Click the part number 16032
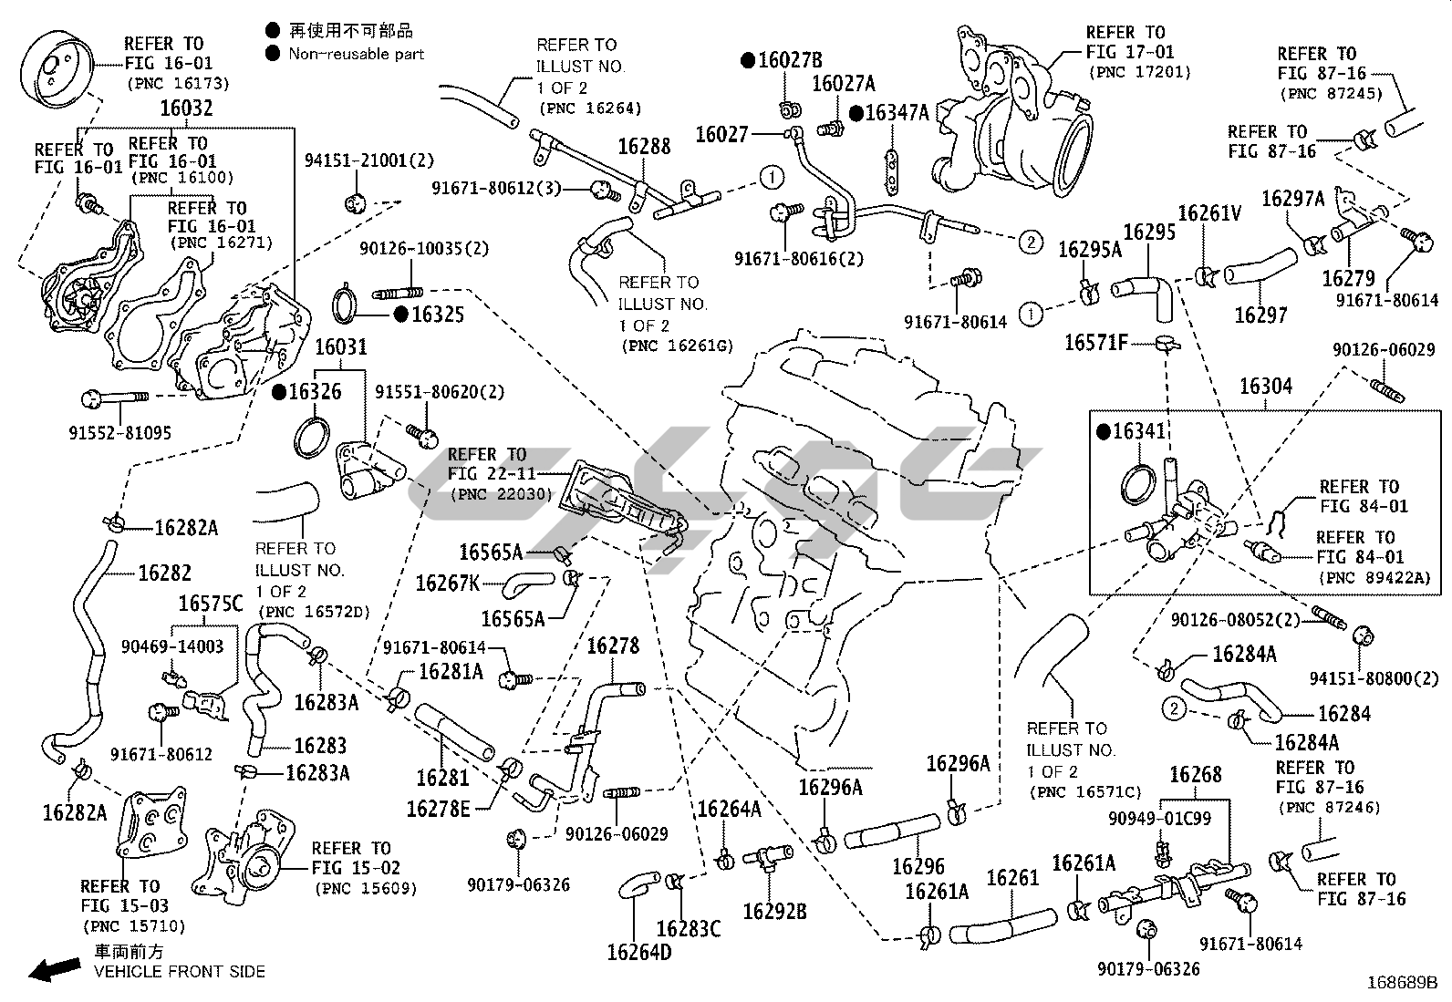tap(186, 108)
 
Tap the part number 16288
tap(644, 146)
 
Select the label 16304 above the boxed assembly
tap(1265, 387)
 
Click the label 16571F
tap(1096, 343)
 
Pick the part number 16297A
tap(1292, 199)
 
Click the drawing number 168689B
tap(1401, 984)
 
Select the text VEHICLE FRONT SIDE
tap(180, 972)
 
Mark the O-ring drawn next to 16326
tap(310, 436)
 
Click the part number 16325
tap(437, 315)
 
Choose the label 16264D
tap(638, 952)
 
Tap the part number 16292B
tap(774, 911)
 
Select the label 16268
tap(1195, 775)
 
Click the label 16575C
tap(211, 604)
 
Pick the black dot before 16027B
tap(748, 61)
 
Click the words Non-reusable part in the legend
tap(357, 55)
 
